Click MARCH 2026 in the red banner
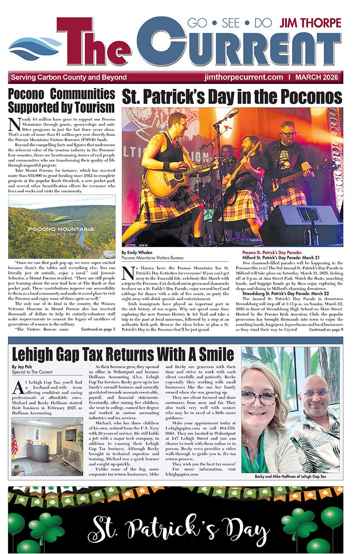[x=319, y=77]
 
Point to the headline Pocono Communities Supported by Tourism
[x=61, y=100]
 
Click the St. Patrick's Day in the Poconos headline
[x=232, y=97]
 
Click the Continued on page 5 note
[x=98, y=329]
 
